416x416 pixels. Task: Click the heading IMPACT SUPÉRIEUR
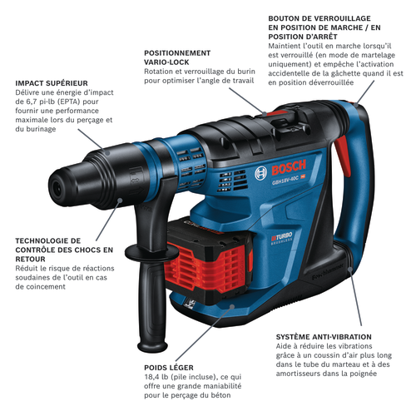coord(52,82)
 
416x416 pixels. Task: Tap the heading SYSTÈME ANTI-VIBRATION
coord(323,336)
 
